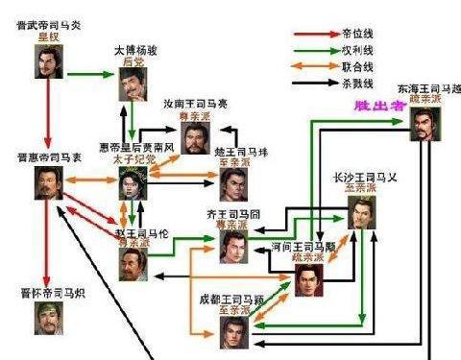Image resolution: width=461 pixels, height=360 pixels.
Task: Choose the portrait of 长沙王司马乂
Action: click(362, 212)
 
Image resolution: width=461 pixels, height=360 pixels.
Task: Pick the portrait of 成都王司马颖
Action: click(236, 330)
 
